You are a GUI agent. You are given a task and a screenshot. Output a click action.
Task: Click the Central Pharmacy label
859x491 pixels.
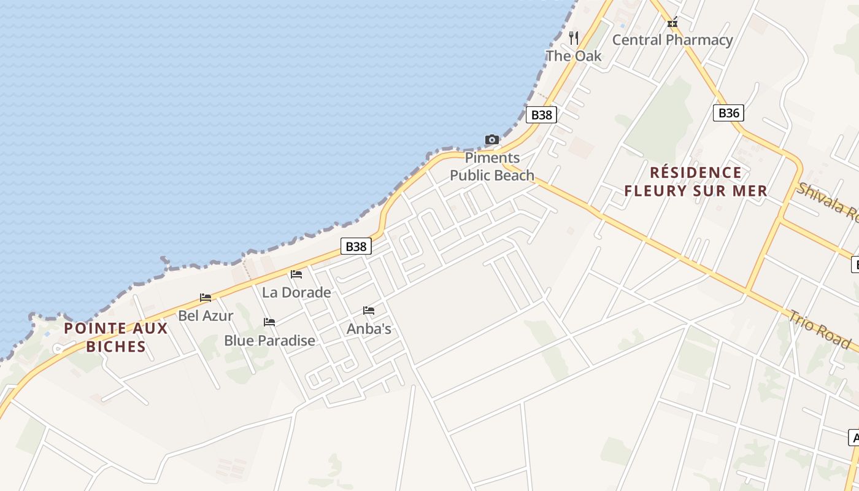pos(672,41)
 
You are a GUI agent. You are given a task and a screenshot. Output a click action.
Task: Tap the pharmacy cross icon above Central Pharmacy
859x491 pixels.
pos(672,23)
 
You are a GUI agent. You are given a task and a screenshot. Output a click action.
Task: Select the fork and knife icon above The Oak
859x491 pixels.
pos(574,38)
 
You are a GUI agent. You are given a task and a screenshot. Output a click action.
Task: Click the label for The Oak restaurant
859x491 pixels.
pos(574,56)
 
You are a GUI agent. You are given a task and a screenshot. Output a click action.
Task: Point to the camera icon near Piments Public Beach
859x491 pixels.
pos(492,140)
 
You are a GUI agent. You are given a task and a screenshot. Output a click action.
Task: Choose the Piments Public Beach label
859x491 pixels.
pos(492,166)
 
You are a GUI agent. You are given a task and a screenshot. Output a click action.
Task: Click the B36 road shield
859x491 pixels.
pos(728,113)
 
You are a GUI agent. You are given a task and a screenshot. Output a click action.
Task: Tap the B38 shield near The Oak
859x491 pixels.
pos(541,115)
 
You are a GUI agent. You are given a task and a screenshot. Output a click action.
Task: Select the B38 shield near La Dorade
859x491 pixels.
pos(356,247)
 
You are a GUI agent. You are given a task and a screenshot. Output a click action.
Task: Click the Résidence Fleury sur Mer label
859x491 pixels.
pos(696,182)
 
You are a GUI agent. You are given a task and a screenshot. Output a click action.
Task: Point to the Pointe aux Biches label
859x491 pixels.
pos(116,337)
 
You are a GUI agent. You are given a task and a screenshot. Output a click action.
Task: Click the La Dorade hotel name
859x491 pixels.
pos(296,293)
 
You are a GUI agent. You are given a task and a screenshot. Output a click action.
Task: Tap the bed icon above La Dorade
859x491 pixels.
pos(296,274)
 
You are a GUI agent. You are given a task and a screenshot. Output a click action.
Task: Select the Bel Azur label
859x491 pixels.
pos(206,316)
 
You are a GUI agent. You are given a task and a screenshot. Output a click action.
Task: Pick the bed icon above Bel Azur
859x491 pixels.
pos(206,298)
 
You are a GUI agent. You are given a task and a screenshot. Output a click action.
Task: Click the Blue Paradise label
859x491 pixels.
pos(269,341)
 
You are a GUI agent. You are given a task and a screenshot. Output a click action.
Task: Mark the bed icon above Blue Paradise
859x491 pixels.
pos(269,322)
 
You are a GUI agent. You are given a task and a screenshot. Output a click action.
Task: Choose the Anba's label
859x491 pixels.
pos(369,329)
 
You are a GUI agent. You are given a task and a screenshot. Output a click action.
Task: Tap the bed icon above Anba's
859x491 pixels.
pos(369,311)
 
